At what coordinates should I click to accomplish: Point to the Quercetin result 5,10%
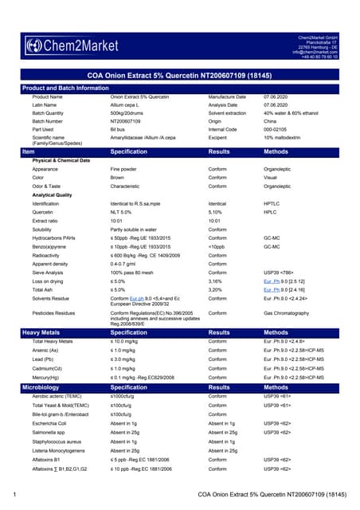point(216,212)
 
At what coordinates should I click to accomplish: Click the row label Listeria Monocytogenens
point(58,449)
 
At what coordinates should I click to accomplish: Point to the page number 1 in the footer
point(16,495)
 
